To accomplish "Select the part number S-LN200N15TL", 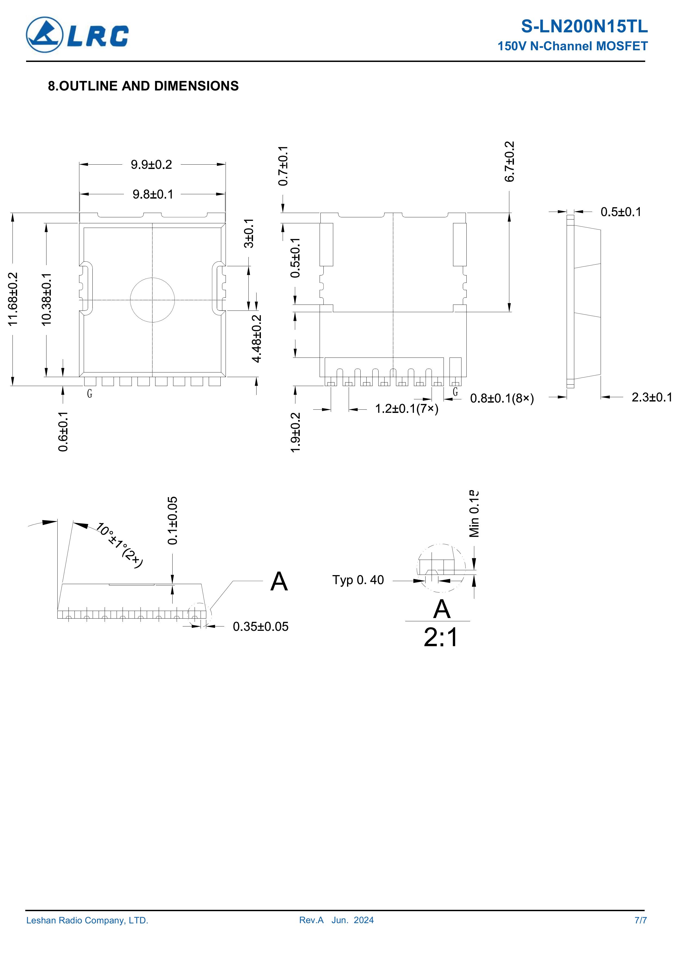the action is [584, 27].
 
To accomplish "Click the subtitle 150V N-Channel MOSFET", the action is [573, 46].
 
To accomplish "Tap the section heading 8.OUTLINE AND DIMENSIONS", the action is [143, 86].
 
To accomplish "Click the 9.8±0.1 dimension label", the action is [153, 194].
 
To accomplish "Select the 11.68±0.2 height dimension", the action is [13, 299].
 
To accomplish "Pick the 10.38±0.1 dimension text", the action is [46, 299].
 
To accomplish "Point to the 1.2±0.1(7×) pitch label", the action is [407, 409].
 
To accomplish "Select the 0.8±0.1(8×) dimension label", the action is [502, 399].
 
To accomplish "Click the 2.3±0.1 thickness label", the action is [651, 397].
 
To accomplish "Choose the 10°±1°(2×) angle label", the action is [120, 545].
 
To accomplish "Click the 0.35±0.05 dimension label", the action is [260, 626].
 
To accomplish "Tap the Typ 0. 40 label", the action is [358, 580].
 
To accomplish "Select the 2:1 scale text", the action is [441, 637].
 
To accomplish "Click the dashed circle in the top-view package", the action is [152, 278].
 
